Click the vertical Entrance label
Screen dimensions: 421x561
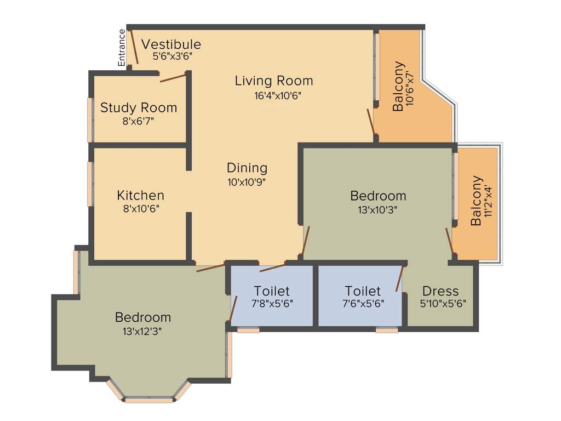pos(122,48)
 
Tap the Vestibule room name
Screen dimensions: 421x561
pos(171,44)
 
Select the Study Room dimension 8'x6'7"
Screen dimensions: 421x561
pos(138,121)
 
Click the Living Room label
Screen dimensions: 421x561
pos(274,81)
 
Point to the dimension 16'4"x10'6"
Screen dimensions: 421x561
pos(274,95)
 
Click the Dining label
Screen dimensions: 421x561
pos(247,168)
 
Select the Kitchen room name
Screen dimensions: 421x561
pos(141,195)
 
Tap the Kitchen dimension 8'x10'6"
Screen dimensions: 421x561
pos(141,208)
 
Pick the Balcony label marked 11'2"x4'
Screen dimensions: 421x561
pos(476,201)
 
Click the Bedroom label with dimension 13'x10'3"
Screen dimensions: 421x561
pos(378,196)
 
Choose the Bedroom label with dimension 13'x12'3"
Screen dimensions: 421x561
pos(143,317)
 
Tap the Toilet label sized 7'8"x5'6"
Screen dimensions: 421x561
pos(272,291)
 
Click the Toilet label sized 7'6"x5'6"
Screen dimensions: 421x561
pos(363,291)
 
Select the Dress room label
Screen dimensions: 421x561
pos(440,291)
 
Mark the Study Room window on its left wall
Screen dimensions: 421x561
pos(90,120)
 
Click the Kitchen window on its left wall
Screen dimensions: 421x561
pos(90,184)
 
